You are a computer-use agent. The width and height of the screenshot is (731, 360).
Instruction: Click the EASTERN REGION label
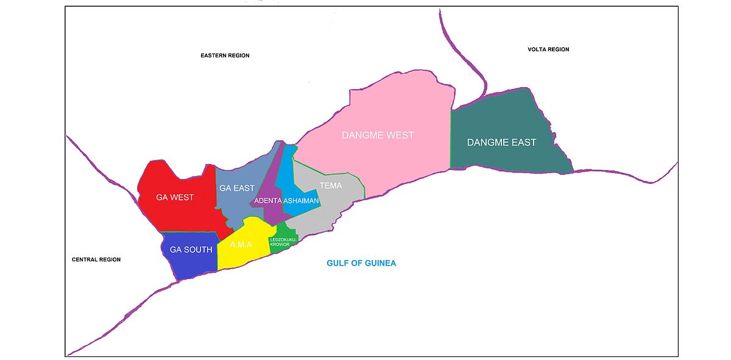(x=225, y=55)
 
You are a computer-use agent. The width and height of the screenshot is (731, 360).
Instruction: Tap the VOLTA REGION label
(x=548, y=49)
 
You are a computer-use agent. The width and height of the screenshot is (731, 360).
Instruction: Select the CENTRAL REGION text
(x=96, y=259)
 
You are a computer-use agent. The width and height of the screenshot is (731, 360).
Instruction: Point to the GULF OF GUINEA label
(x=361, y=263)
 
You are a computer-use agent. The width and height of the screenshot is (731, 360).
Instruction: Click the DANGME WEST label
(x=377, y=135)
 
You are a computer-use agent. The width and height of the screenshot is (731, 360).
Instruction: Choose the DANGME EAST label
(x=501, y=143)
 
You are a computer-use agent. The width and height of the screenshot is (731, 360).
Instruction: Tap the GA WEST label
(x=174, y=197)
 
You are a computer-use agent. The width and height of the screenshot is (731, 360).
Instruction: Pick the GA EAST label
(x=236, y=188)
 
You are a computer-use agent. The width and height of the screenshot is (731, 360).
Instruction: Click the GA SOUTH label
(x=191, y=250)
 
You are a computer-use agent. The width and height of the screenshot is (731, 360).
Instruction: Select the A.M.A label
(x=241, y=245)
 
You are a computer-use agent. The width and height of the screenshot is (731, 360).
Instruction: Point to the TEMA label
(x=330, y=186)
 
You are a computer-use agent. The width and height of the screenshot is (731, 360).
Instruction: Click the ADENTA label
(x=267, y=201)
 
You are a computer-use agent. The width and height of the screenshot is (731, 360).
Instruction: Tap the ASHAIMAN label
(x=301, y=201)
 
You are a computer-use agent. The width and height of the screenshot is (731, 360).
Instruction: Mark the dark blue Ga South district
(x=183, y=265)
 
